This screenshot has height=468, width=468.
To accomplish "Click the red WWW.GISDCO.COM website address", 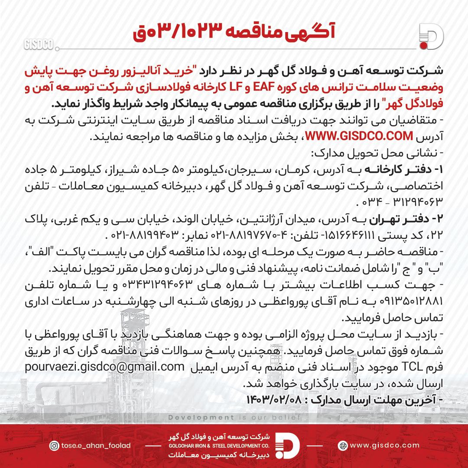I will [x=359, y=136].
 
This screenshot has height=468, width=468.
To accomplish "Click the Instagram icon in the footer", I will [x=54, y=445].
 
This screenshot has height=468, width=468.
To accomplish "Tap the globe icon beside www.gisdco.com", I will [x=343, y=445].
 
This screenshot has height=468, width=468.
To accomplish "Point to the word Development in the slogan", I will [x=201, y=417].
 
